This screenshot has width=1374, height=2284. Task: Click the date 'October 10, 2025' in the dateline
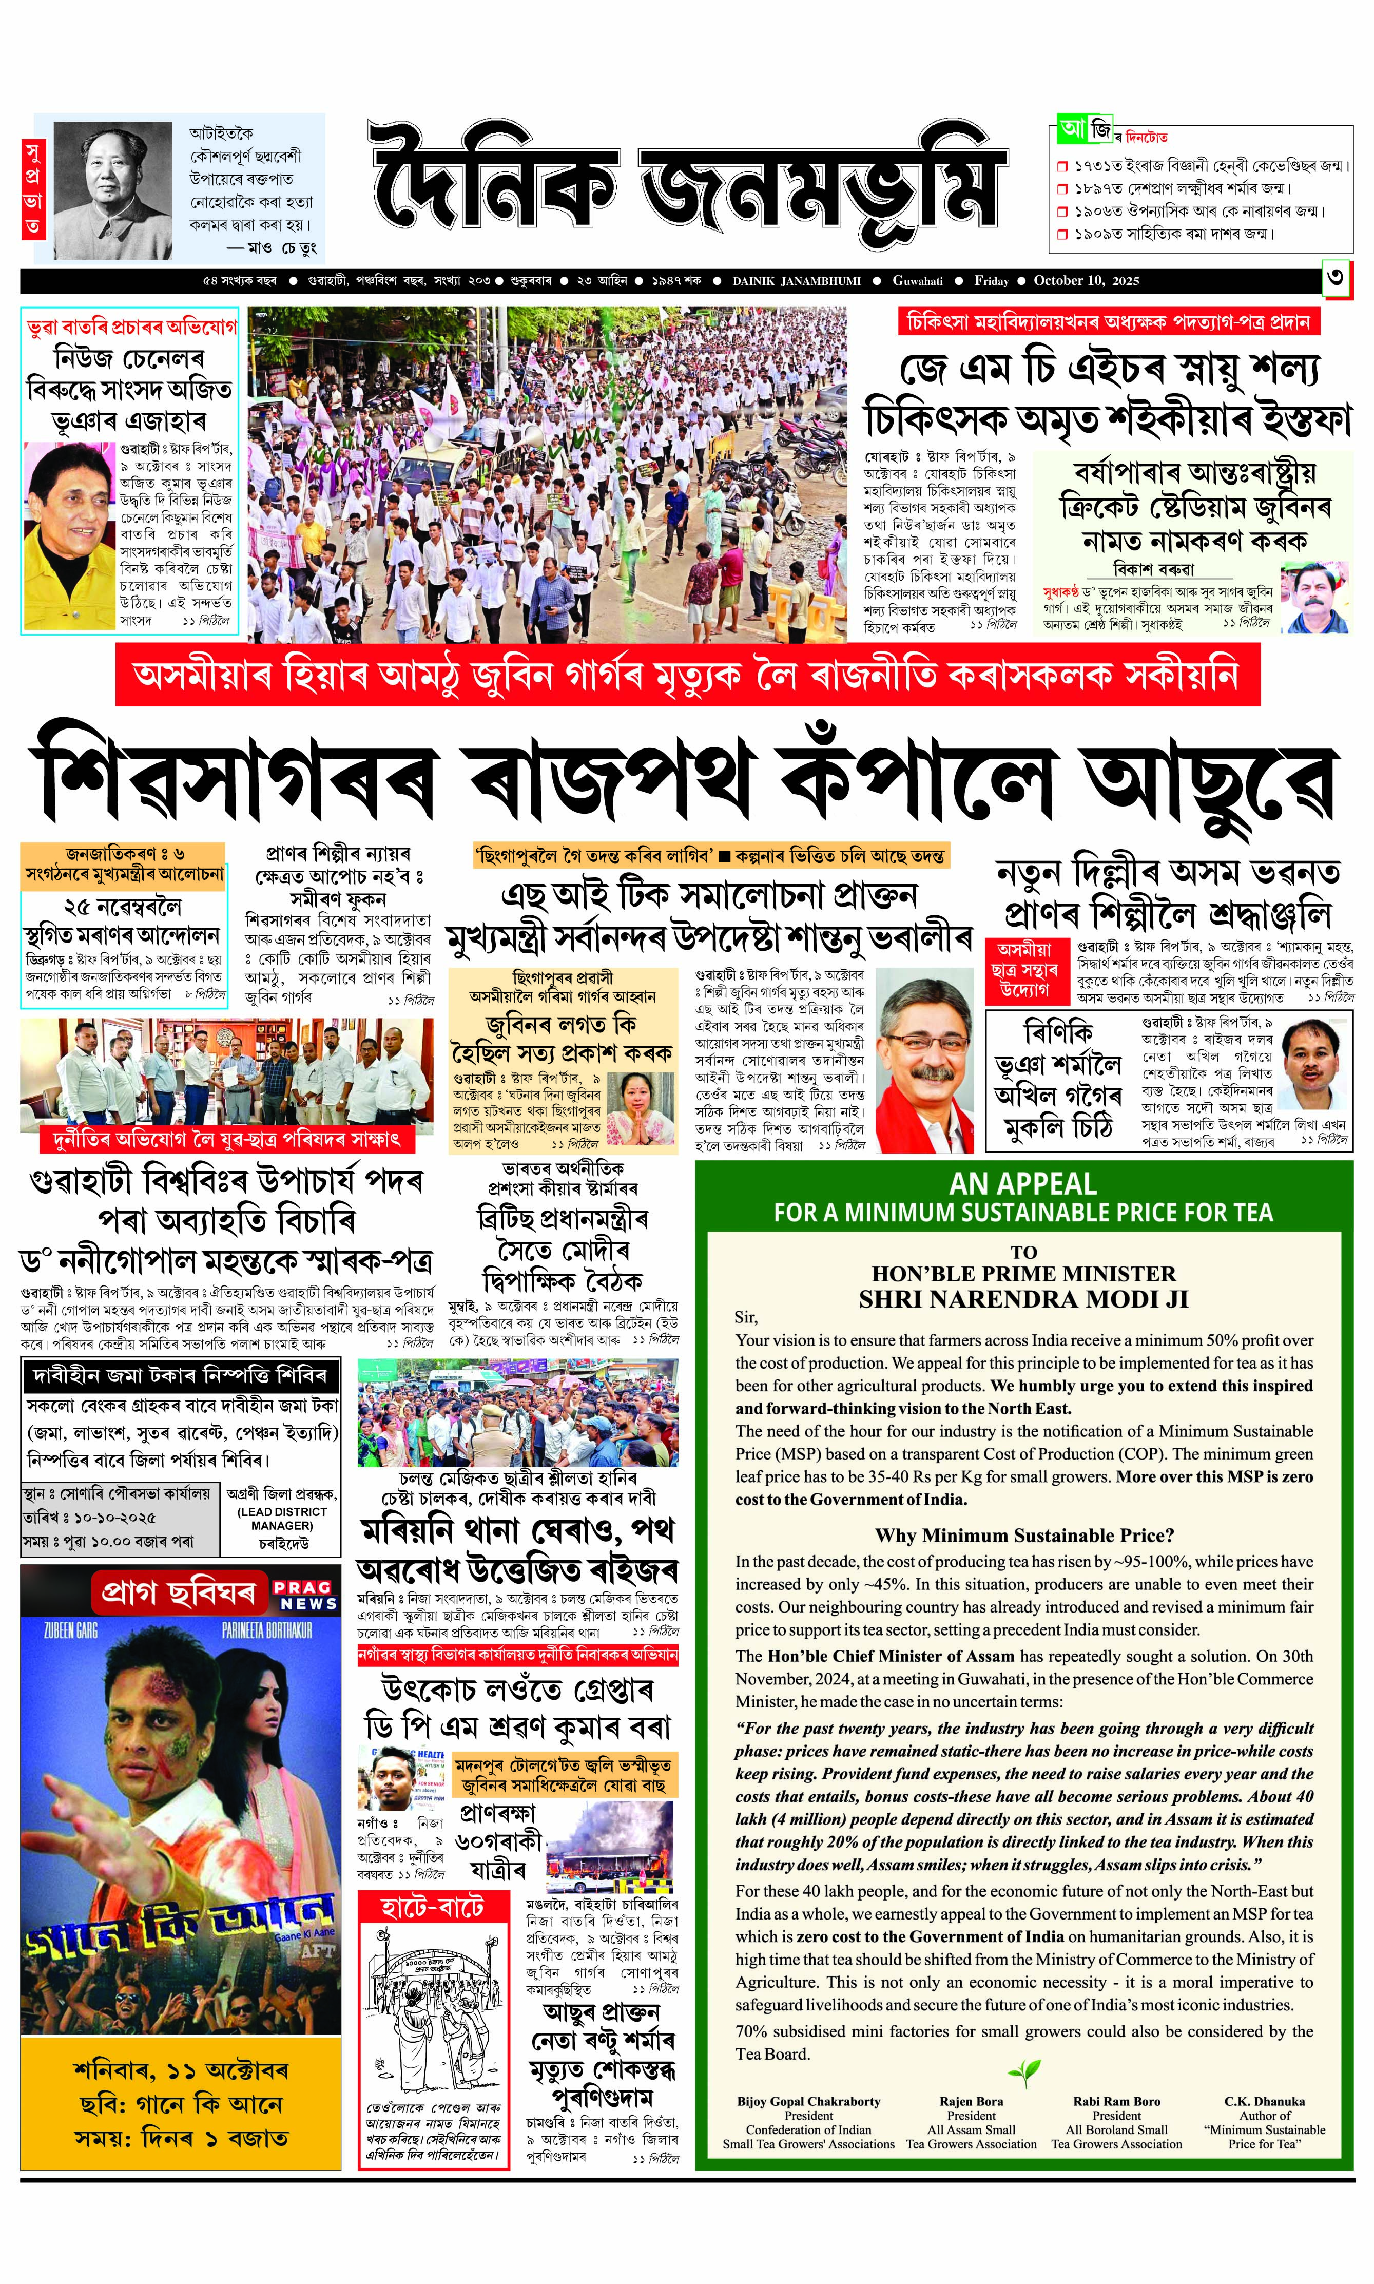point(1086,280)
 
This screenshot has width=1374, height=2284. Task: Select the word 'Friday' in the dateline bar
point(991,280)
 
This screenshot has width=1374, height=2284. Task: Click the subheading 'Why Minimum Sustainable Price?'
point(1024,1535)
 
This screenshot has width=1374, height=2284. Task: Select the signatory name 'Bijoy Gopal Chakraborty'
point(808,2102)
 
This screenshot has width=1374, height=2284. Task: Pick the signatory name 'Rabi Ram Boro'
point(1117,2102)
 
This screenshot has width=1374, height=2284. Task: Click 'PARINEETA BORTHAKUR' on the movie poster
point(267,1629)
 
